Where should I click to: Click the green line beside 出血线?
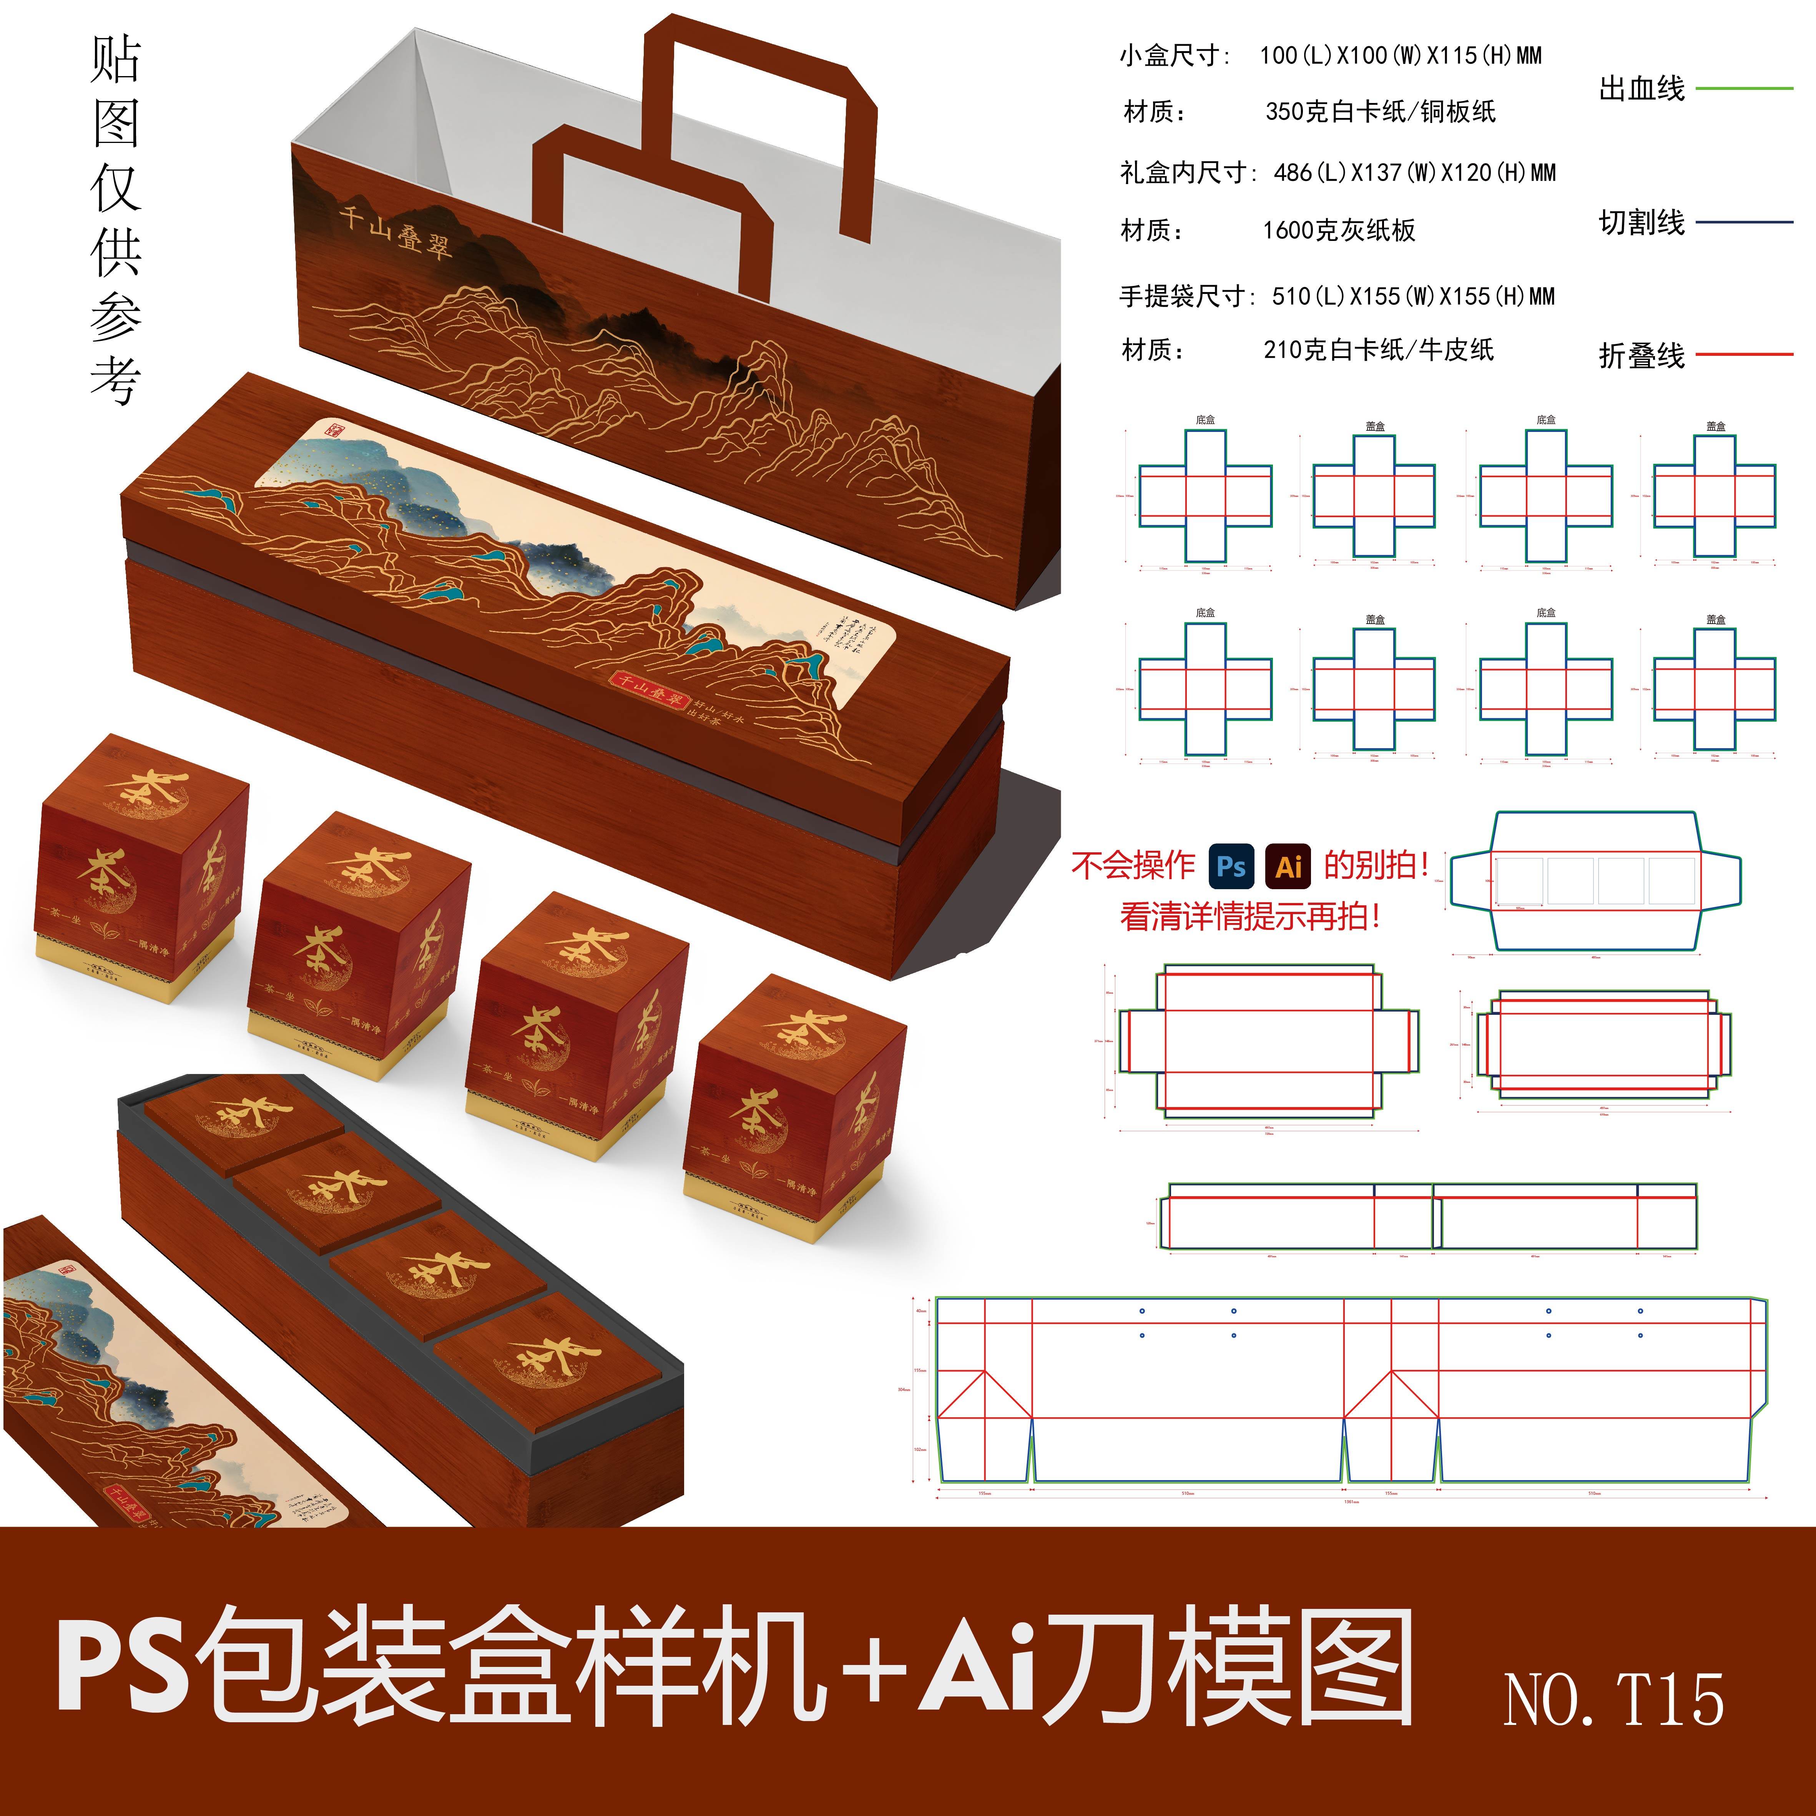pos(1744,88)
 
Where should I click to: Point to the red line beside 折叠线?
pos(1744,354)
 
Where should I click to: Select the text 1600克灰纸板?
pos(1339,230)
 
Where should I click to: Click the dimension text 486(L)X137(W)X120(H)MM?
pos(1415,173)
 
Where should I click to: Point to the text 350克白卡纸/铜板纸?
pos(1380,112)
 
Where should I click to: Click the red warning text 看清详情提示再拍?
pos(1250,916)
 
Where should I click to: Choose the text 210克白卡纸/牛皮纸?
pos(1378,350)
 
